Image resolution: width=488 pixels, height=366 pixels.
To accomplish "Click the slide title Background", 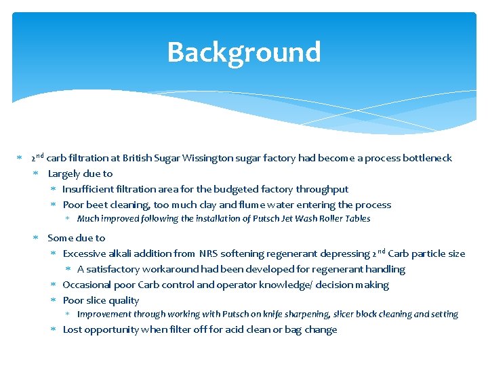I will point(243,52).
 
